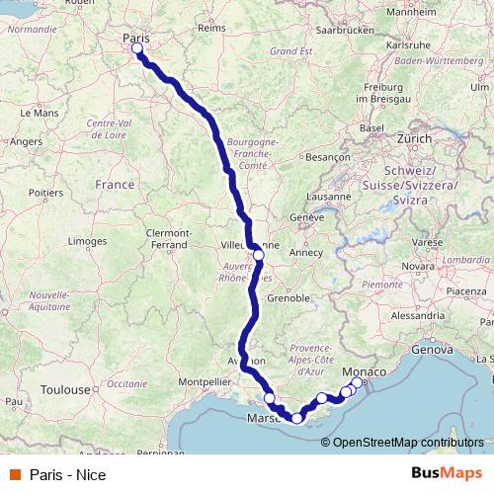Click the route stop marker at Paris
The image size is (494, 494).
tap(136, 48)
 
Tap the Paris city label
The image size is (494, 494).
tap(135, 38)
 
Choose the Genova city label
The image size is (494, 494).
tap(431, 349)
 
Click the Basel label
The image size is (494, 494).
tap(371, 128)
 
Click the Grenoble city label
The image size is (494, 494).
tap(289, 296)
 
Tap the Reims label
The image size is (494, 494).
tap(212, 29)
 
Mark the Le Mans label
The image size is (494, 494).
tap(40, 114)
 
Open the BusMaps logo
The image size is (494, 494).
tap(449, 473)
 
